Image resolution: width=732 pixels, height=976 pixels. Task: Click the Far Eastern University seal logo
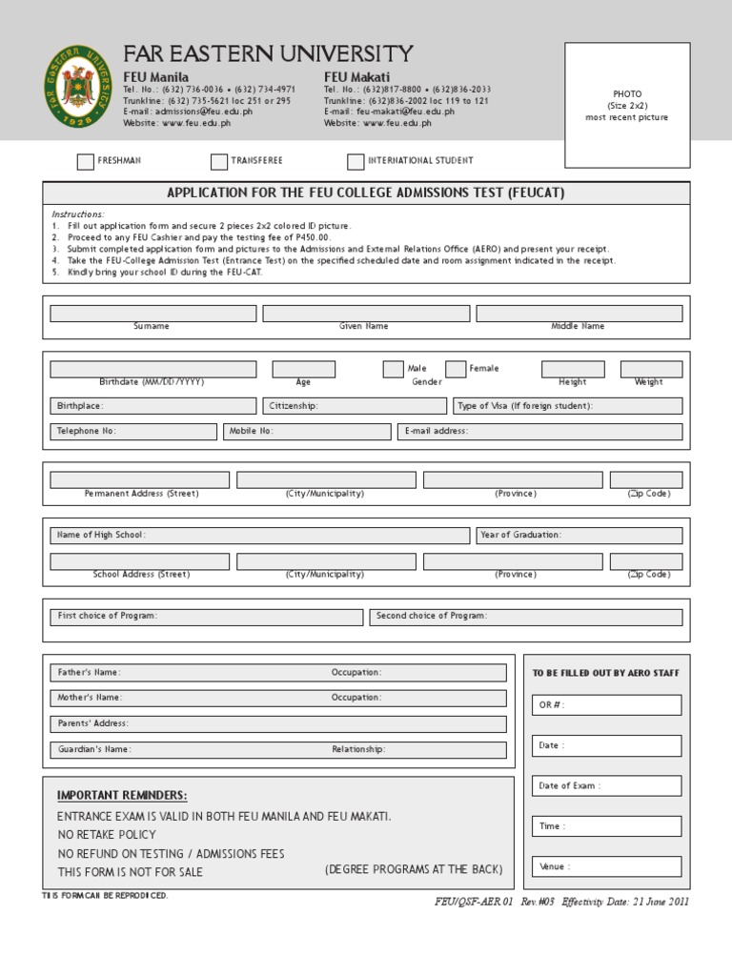(x=78, y=86)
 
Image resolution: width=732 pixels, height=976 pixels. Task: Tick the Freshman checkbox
(x=86, y=162)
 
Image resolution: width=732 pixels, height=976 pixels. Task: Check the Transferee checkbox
(x=219, y=162)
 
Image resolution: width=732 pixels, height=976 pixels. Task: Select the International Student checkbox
(x=356, y=162)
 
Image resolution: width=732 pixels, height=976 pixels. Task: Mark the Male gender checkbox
(x=393, y=369)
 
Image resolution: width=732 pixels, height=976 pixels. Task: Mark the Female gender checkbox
(x=456, y=369)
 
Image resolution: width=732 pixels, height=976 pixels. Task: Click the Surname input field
(x=152, y=314)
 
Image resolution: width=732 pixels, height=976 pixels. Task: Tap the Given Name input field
(x=366, y=314)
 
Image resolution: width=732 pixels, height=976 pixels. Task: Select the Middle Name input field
(x=579, y=314)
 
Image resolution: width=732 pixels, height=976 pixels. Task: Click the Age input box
(x=303, y=369)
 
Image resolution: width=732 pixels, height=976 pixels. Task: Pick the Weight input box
(x=651, y=369)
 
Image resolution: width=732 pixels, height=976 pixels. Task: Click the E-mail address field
(x=539, y=432)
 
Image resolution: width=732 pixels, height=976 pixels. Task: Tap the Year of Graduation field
(x=579, y=536)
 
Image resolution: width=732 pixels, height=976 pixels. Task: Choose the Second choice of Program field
(x=525, y=617)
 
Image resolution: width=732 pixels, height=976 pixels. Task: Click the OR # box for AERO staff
(x=607, y=705)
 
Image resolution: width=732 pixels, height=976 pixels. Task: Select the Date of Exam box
(x=607, y=786)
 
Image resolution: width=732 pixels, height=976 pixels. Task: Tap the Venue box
(x=607, y=866)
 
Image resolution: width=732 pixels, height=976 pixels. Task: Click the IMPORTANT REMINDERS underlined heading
(x=122, y=796)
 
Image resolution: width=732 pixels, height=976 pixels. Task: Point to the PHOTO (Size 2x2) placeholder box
(x=627, y=105)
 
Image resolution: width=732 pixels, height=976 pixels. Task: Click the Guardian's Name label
(x=94, y=749)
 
